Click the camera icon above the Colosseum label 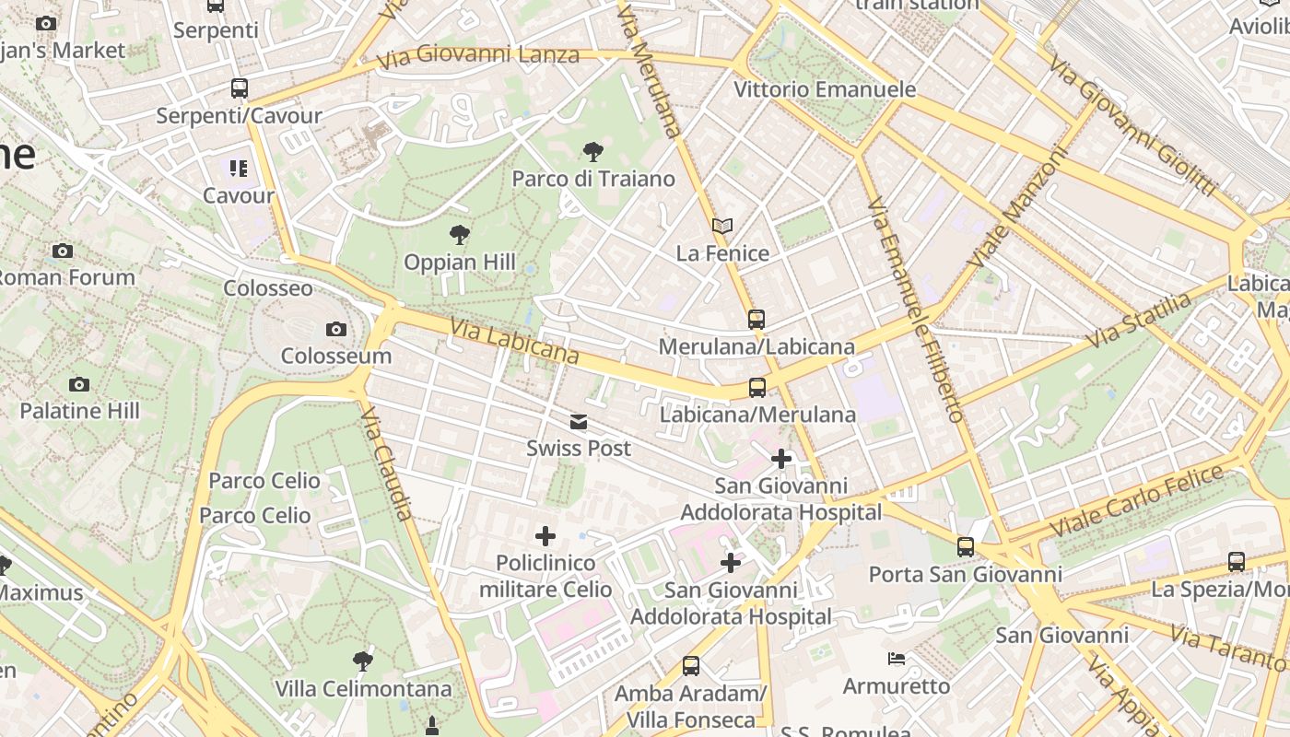[x=336, y=329]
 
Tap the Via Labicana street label [x=514, y=342]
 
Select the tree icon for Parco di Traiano [x=593, y=151]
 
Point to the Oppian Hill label [x=459, y=263]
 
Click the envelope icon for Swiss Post [x=579, y=422]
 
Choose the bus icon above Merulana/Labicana [x=756, y=320]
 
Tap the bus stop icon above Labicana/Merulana [x=757, y=388]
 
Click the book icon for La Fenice [x=722, y=226]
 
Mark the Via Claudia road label [x=387, y=464]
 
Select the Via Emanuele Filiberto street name [x=914, y=309]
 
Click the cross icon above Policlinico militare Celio [x=545, y=535]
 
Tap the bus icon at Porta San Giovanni [x=966, y=547]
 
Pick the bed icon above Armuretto [x=896, y=659]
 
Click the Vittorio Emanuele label [x=825, y=89]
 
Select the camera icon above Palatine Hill [x=79, y=384]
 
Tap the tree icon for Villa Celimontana [x=363, y=661]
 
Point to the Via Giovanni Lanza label [x=478, y=56]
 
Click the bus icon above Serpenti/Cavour [x=240, y=88]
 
